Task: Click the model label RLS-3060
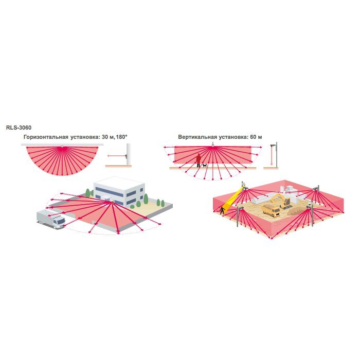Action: point(19,128)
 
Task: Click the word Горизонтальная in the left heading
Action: point(46,137)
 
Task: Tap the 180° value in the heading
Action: point(121,137)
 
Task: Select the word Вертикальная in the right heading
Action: point(197,137)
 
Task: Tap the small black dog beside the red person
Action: point(204,165)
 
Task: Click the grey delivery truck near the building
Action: point(51,220)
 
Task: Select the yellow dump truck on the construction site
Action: point(271,210)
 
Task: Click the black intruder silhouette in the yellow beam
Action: point(222,210)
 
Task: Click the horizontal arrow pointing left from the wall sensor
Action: point(116,156)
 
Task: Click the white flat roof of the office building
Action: point(119,183)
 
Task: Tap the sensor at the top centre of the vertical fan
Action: point(213,145)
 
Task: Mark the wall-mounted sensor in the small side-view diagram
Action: point(125,156)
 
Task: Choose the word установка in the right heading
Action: point(232,137)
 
